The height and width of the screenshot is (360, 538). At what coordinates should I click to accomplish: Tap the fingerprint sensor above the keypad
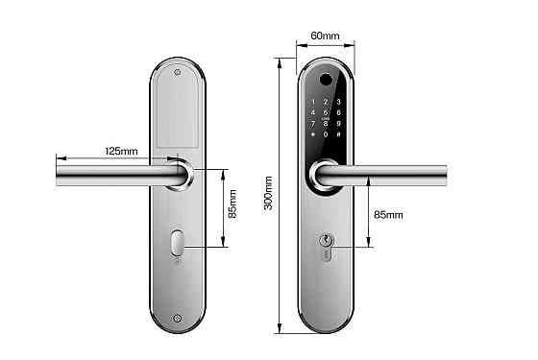[x=327, y=81]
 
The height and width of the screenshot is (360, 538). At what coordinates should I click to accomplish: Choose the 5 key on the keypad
[x=327, y=111]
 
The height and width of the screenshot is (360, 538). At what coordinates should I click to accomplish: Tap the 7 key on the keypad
[x=313, y=123]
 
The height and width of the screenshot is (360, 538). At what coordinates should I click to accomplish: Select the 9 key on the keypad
[x=339, y=123]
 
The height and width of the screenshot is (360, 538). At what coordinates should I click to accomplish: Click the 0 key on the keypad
[x=327, y=135]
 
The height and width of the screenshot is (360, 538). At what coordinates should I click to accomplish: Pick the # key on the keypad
[x=339, y=135]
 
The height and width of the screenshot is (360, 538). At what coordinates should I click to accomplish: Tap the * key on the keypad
[x=313, y=135]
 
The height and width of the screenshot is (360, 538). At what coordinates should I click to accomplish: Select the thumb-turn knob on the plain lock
[x=180, y=244]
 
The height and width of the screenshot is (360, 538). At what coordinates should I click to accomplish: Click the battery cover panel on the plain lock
[x=180, y=115]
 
